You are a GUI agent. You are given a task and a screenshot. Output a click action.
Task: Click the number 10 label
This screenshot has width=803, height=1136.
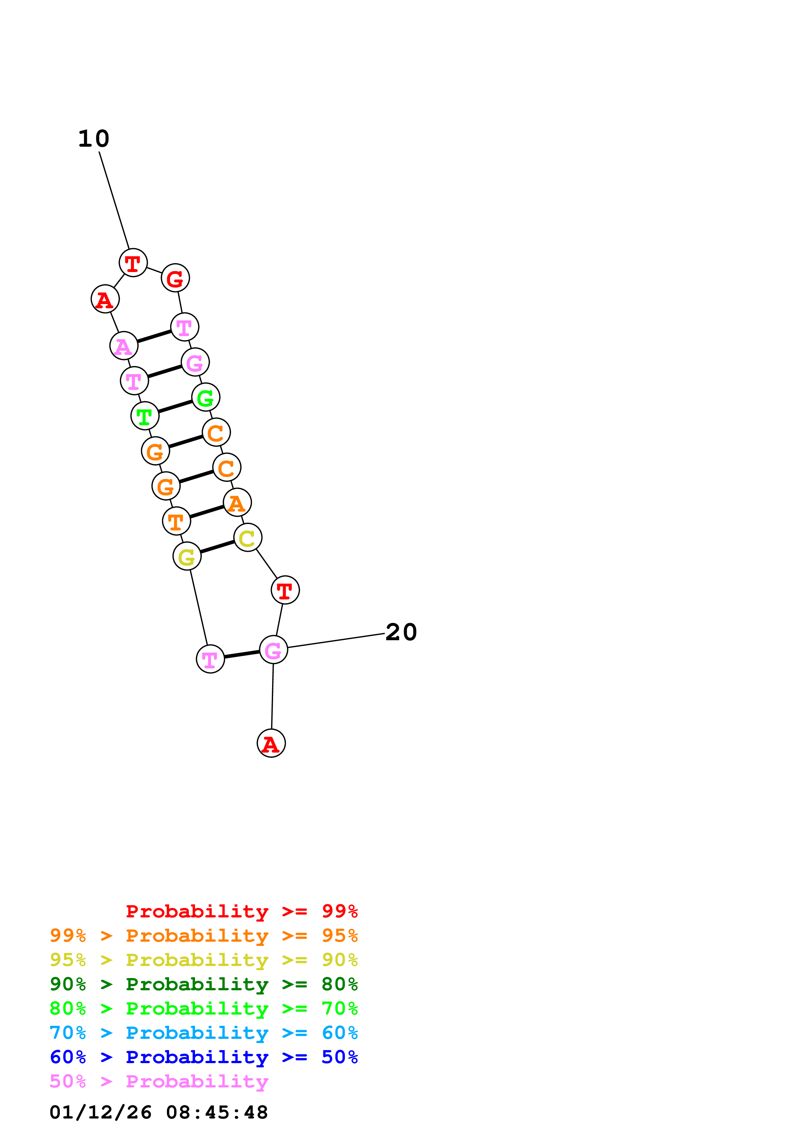click(x=94, y=139)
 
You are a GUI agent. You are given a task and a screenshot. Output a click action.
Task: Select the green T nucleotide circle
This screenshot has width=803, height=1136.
click(x=144, y=416)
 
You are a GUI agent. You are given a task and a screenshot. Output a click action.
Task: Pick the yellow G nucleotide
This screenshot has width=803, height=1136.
click(x=187, y=557)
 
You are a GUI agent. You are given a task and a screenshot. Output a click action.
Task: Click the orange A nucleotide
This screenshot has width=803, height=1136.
click(x=237, y=503)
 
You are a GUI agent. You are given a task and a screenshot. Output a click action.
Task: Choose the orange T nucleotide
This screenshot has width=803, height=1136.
click(x=176, y=521)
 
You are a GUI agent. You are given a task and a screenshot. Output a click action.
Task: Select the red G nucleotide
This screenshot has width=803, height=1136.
click(x=175, y=278)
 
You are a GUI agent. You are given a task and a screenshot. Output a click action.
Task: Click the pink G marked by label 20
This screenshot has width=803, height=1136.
click(x=273, y=650)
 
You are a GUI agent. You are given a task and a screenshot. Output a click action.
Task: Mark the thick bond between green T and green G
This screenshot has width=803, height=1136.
click(x=175, y=407)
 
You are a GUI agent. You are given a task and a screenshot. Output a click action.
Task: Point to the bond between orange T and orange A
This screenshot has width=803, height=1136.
click(x=207, y=512)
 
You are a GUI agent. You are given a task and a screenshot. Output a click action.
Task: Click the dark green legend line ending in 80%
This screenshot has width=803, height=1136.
click(x=203, y=984)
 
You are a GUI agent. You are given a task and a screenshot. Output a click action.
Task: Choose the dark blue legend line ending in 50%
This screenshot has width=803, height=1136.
click(x=203, y=1057)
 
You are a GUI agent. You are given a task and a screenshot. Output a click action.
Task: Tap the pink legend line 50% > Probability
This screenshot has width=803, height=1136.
click(x=159, y=1082)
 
